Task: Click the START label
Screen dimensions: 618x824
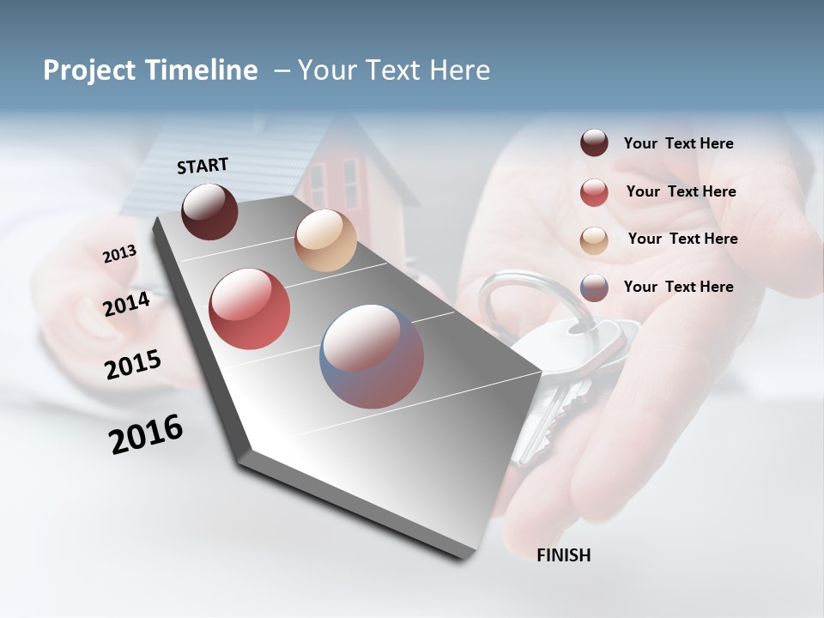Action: point(203,166)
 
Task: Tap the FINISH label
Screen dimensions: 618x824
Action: point(563,555)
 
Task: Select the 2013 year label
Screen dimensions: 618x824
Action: point(119,254)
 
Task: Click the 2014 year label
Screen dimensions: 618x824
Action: point(127,304)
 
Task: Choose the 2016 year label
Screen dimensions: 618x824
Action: point(146,434)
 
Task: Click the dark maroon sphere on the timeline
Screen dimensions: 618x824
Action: point(209,211)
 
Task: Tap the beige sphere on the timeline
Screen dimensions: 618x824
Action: point(325,240)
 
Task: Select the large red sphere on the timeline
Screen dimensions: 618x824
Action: point(250,309)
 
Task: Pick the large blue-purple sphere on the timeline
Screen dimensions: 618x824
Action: point(372,356)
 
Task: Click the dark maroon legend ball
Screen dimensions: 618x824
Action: point(594,143)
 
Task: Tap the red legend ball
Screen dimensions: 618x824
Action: point(594,192)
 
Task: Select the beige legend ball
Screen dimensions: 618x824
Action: point(594,239)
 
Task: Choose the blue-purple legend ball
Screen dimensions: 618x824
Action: point(594,288)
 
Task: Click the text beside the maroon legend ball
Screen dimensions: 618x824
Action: point(678,143)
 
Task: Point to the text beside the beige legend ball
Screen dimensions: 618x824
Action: point(682,239)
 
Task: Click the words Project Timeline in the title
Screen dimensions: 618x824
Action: point(150,70)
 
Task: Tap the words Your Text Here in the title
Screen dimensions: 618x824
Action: point(394,70)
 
